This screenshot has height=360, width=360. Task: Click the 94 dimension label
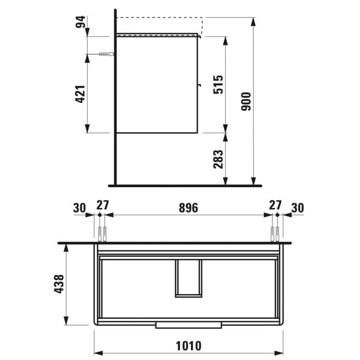point(81,22)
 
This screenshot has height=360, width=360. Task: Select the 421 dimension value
point(81,94)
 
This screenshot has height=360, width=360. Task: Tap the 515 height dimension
point(218,84)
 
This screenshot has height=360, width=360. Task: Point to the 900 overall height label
point(246,101)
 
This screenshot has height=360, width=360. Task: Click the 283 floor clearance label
point(218,159)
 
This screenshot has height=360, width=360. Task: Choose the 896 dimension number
point(188,208)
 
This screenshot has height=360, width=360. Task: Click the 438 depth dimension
point(59,284)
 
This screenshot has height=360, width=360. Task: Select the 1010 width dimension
point(189,346)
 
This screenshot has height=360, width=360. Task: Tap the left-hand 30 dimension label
point(79,208)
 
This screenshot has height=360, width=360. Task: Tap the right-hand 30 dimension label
point(298,208)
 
